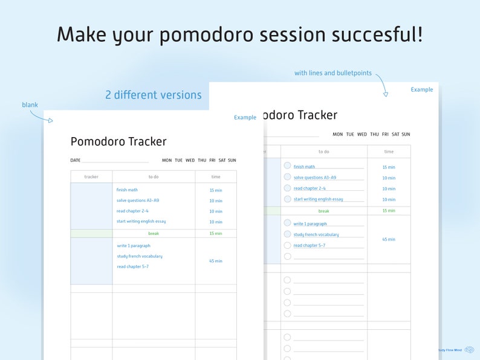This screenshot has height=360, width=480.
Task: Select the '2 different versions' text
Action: (x=153, y=95)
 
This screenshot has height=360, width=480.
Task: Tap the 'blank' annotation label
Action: (x=30, y=104)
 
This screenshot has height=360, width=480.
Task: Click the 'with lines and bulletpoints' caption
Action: (x=333, y=73)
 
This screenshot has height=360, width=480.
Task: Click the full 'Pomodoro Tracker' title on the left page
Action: (x=118, y=141)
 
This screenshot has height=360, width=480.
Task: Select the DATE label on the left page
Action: (x=76, y=160)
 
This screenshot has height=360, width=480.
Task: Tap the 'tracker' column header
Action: (x=91, y=177)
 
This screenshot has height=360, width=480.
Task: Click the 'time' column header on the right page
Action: (x=389, y=152)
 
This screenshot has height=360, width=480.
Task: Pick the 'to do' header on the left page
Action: (x=154, y=177)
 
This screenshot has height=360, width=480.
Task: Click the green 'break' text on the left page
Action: (x=154, y=233)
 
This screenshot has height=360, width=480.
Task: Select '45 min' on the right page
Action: (x=389, y=239)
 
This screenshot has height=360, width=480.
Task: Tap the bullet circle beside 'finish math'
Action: (x=287, y=166)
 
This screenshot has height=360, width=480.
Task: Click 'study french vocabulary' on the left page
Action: (x=140, y=256)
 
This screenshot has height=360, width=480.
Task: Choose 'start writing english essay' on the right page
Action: (x=319, y=199)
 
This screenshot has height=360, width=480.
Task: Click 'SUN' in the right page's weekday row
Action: (x=406, y=134)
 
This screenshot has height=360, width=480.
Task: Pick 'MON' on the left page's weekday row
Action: (x=167, y=160)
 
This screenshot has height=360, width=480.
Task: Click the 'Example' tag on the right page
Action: (x=422, y=89)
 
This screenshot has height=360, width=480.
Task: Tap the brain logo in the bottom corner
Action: (x=469, y=350)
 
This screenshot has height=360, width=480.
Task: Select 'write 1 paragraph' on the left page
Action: (x=134, y=246)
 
